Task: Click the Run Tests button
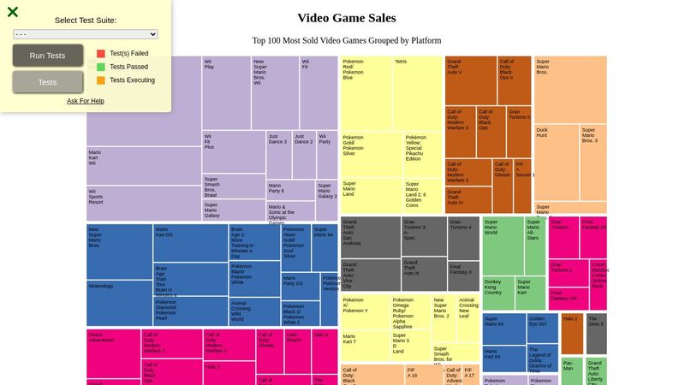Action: point(48,56)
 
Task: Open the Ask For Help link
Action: point(86,101)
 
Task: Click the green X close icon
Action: point(13,12)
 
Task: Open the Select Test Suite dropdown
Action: point(86,34)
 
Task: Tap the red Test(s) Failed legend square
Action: point(101,53)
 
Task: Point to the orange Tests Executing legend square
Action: point(101,80)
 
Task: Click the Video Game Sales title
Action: point(346,18)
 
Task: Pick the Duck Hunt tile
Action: point(557,163)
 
